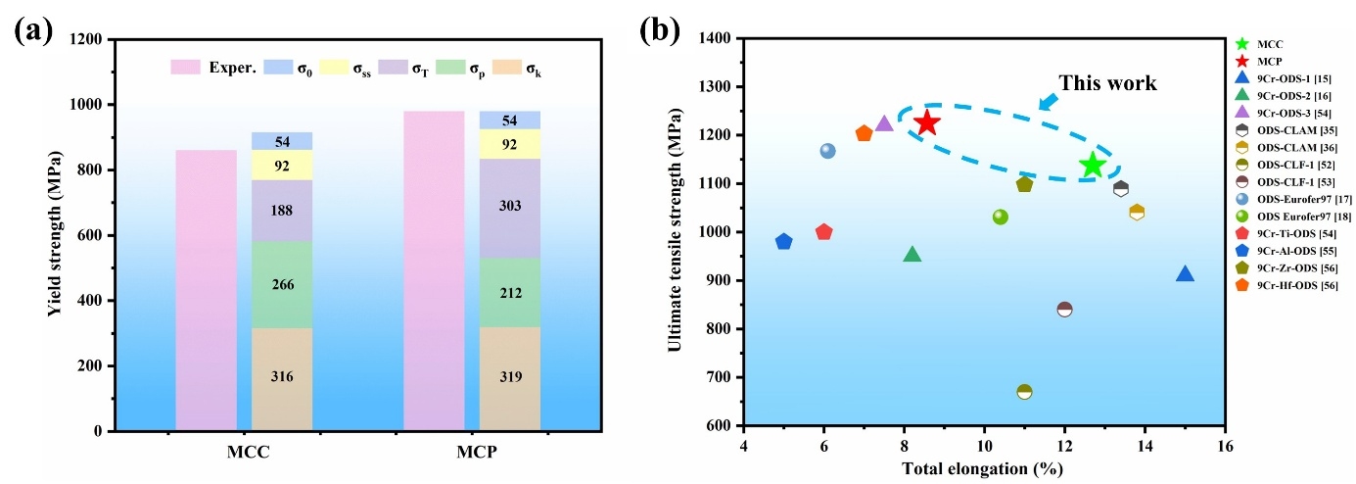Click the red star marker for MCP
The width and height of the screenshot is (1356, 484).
926,123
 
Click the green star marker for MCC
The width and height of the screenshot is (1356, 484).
1093,166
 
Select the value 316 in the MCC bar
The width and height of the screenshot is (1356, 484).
282,377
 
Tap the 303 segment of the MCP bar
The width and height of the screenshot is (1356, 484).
510,207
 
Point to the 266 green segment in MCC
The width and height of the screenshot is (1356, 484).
282,285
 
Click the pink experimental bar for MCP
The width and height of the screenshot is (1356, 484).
434,270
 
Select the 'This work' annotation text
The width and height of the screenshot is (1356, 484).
1107,84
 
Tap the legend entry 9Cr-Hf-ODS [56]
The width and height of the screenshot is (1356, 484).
1288,284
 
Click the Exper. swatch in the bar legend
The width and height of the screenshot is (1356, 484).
185,67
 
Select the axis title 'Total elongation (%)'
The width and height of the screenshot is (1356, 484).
982,469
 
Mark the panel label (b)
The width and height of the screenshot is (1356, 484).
658,30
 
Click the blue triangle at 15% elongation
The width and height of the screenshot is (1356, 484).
1185,274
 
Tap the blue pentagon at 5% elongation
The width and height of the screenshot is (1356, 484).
783,241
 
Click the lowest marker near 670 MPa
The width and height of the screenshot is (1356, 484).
1024,392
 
